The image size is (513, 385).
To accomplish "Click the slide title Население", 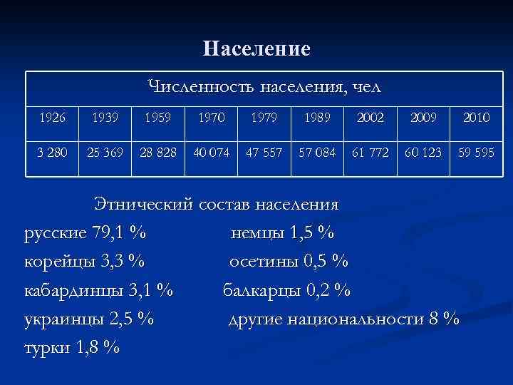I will coord(256,48).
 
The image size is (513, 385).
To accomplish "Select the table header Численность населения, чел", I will coord(264,88).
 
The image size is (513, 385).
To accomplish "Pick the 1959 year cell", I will coord(157,117).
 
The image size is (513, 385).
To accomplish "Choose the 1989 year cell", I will coord(318,117).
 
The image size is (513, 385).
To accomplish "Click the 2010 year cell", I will coord(475,117).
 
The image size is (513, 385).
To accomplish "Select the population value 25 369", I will coord(105,153).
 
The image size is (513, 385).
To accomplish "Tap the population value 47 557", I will coord(264,153).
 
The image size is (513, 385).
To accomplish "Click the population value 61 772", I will coord(370,153).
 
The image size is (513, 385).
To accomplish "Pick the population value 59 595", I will coord(475,153).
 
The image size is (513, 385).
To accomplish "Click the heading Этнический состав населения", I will coord(217,205).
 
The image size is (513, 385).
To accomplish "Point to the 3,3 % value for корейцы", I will coord(123,261).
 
